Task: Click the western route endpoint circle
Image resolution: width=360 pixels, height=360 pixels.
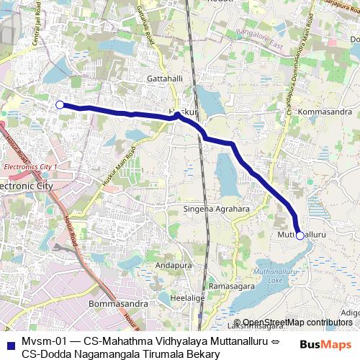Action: point(60,104)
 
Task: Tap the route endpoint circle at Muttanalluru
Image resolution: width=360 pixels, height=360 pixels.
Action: point(300,235)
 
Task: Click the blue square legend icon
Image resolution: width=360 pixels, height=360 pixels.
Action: point(9,343)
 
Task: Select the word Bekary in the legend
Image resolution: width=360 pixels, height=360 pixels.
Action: point(201,353)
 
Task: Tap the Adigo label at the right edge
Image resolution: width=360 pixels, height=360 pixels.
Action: point(350,312)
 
